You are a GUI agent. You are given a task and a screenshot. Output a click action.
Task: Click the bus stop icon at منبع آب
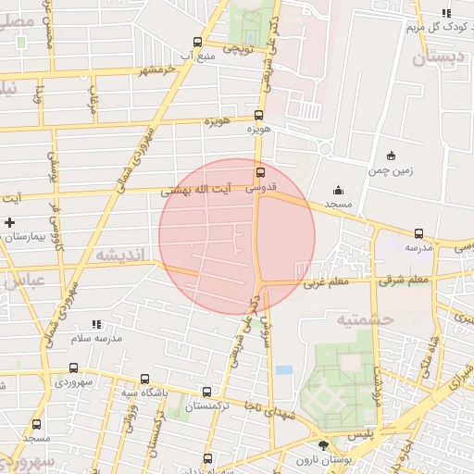[196, 42]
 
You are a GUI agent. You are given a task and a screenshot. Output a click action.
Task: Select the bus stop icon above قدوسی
[259, 172]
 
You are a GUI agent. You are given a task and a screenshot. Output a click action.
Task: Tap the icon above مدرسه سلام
[95, 324]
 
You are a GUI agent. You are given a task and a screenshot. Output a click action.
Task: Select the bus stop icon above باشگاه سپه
[144, 379]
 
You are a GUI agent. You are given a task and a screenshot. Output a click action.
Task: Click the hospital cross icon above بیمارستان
[9, 222]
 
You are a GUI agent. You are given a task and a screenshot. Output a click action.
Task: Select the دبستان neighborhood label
[434, 59]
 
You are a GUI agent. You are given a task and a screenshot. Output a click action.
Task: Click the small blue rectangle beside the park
[283, 370]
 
